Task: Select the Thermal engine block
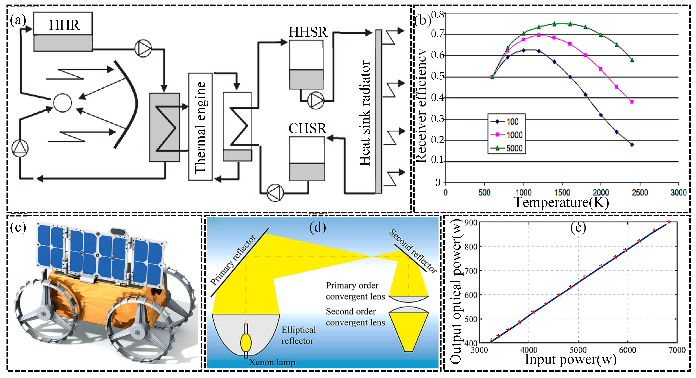click(200, 127)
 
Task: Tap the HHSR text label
click(308, 32)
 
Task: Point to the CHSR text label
click(307, 128)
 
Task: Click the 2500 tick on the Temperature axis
click(640, 193)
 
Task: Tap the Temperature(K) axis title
click(561, 202)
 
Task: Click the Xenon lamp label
click(272, 362)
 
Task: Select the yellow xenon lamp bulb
click(246, 342)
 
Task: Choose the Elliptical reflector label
click(298, 335)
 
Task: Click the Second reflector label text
click(413, 251)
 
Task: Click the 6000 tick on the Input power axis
click(627, 350)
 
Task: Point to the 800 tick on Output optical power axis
click(471, 246)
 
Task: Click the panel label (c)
click(18, 227)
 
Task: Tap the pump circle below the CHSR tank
click(275, 193)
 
